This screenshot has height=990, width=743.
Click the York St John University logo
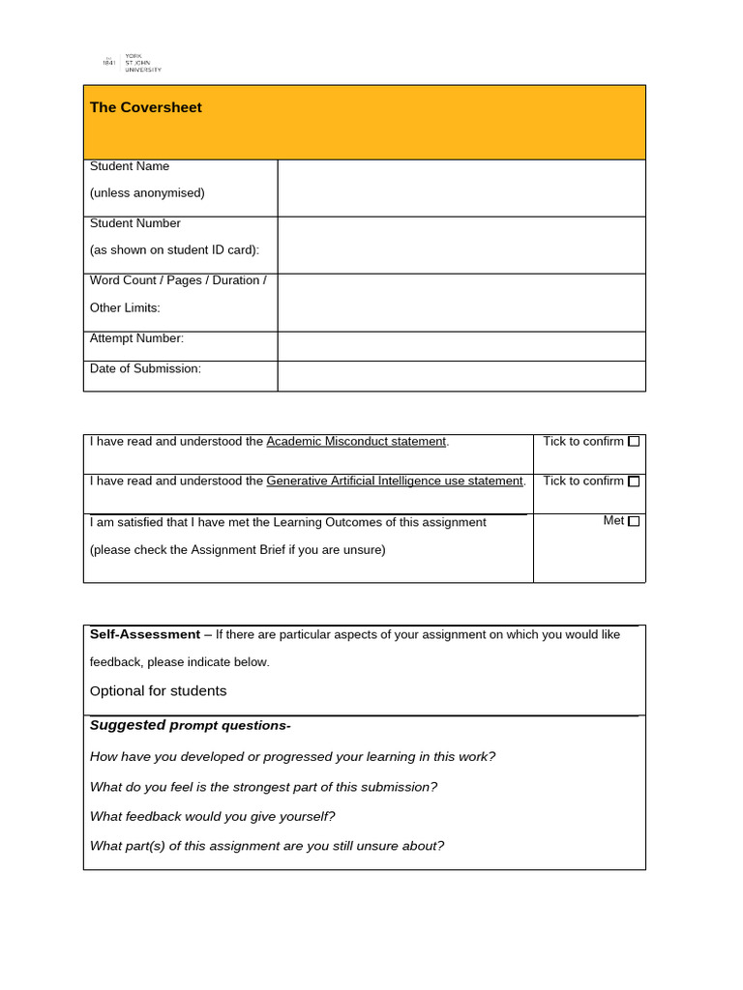coord(132,63)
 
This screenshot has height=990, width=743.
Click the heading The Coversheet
coord(145,107)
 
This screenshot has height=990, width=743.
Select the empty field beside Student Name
coord(461,188)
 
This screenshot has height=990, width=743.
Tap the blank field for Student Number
coord(461,245)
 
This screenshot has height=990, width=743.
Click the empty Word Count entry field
coord(461,303)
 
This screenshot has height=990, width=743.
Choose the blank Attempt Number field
coord(461,346)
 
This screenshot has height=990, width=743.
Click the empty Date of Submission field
coord(461,376)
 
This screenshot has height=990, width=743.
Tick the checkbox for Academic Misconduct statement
coord(634,442)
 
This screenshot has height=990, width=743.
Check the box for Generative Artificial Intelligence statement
coord(634,481)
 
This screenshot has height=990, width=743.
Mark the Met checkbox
coord(634,521)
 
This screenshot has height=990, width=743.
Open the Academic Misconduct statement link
coord(356,442)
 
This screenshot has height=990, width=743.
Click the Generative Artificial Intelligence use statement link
coord(395,481)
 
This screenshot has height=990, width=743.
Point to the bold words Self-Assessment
coord(144,635)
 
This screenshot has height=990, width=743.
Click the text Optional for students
coord(158,691)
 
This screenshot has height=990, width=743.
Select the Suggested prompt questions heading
coord(190,726)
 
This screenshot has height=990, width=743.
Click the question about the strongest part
coord(263,787)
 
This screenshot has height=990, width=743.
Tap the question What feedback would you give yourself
coord(212,817)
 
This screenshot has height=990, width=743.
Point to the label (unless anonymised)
coord(147,193)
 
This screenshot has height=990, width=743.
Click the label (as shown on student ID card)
coord(174,250)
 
